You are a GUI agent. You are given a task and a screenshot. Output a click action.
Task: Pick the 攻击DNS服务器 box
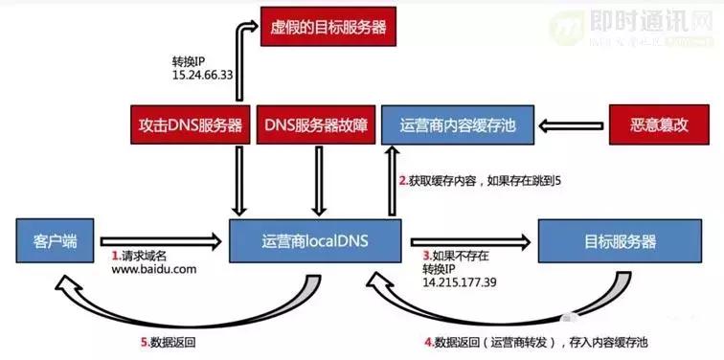click(190, 126)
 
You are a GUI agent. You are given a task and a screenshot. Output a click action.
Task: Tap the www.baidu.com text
click(153, 270)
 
